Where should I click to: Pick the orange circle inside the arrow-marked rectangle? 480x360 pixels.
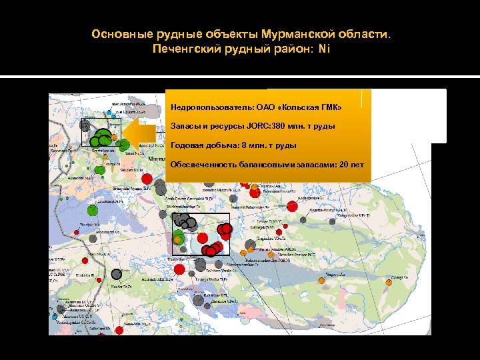click(114, 138)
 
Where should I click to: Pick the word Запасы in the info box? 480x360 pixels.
click(185, 126)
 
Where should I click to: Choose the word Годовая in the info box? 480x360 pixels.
click(187, 145)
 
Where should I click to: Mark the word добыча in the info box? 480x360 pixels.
click(225, 145)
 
